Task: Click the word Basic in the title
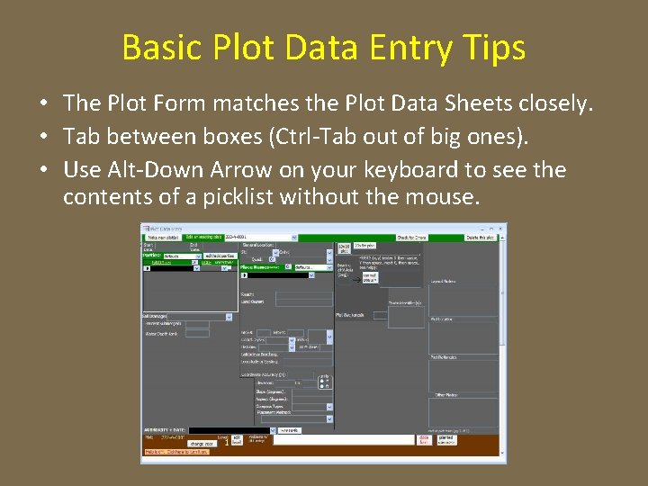point(157,48)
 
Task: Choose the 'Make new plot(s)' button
point(163,237)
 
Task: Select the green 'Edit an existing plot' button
point(204,237)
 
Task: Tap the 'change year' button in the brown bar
point(201,444)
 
